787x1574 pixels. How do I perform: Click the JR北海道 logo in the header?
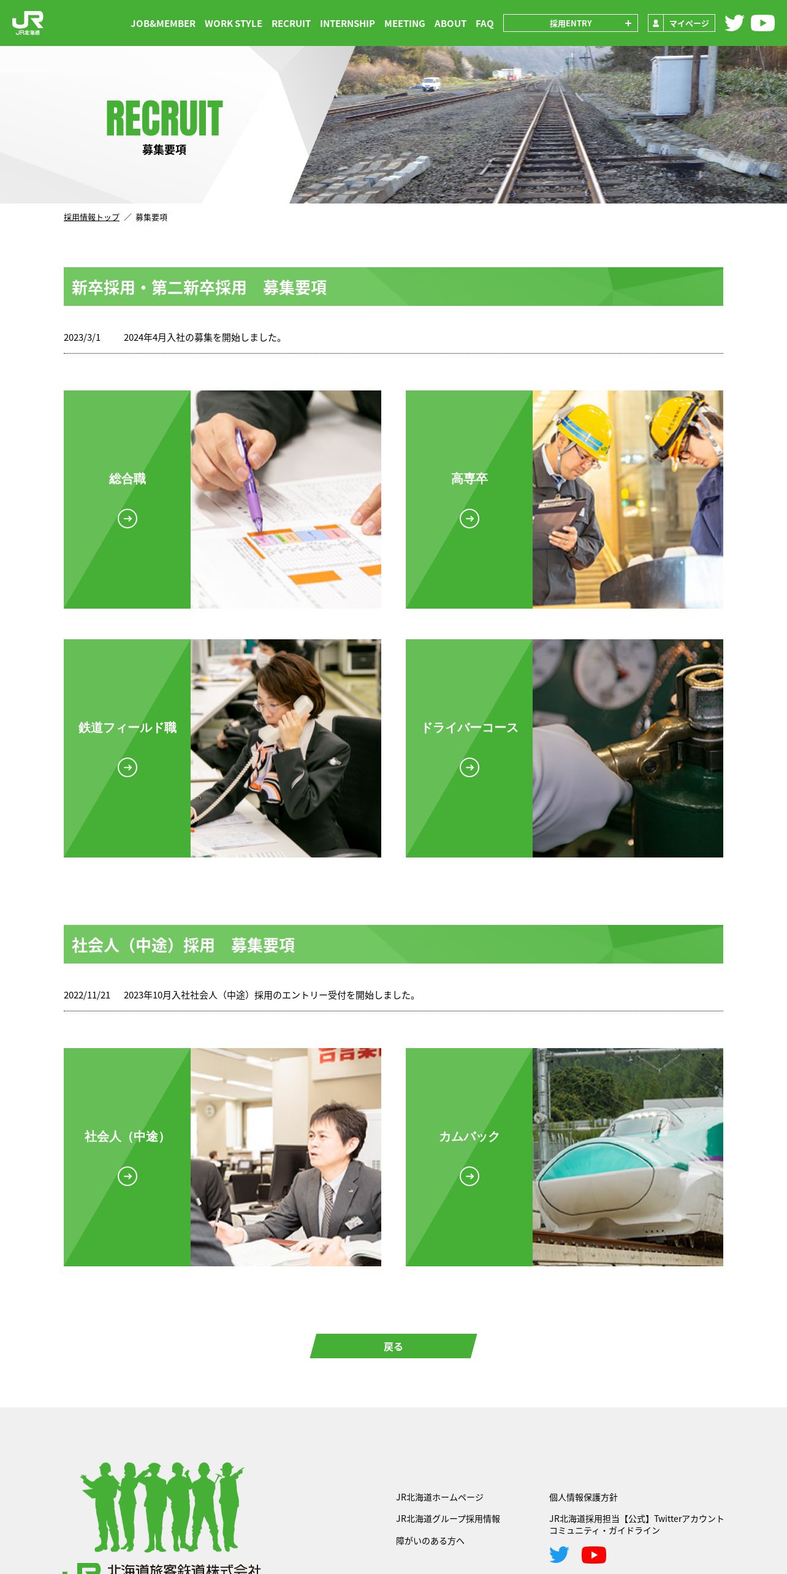[x=28, y=23]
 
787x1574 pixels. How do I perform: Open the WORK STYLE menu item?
[x=234, y=23]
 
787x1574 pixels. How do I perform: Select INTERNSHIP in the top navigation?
[x=348, y=23]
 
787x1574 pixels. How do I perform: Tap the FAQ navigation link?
[x=485, y=23]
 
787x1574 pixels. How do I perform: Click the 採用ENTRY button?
[x=571, y=23]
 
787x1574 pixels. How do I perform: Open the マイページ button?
[x=682, y=23]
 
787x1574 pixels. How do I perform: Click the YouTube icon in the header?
[x=762, y=23]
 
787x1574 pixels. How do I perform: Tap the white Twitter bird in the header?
[x=734, y=23]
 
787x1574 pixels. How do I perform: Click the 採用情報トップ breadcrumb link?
[x=91, y=218]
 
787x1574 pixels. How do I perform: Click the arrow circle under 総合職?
[x=127, y=519]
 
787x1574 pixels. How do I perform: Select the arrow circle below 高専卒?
[x=470, y=519]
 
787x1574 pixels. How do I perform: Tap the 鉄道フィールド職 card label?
[x=127, y=728]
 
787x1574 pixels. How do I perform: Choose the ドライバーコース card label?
[x=470, y=728]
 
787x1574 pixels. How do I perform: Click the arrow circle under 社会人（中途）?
[x=127, y=1176]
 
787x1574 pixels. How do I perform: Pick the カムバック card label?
[x=470, y=1136]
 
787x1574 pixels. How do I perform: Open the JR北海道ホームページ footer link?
[x=439, y=1497]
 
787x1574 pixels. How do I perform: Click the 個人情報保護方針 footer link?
[x=584, y=1497]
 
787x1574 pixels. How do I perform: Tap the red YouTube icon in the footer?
[x=594, y=1555]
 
